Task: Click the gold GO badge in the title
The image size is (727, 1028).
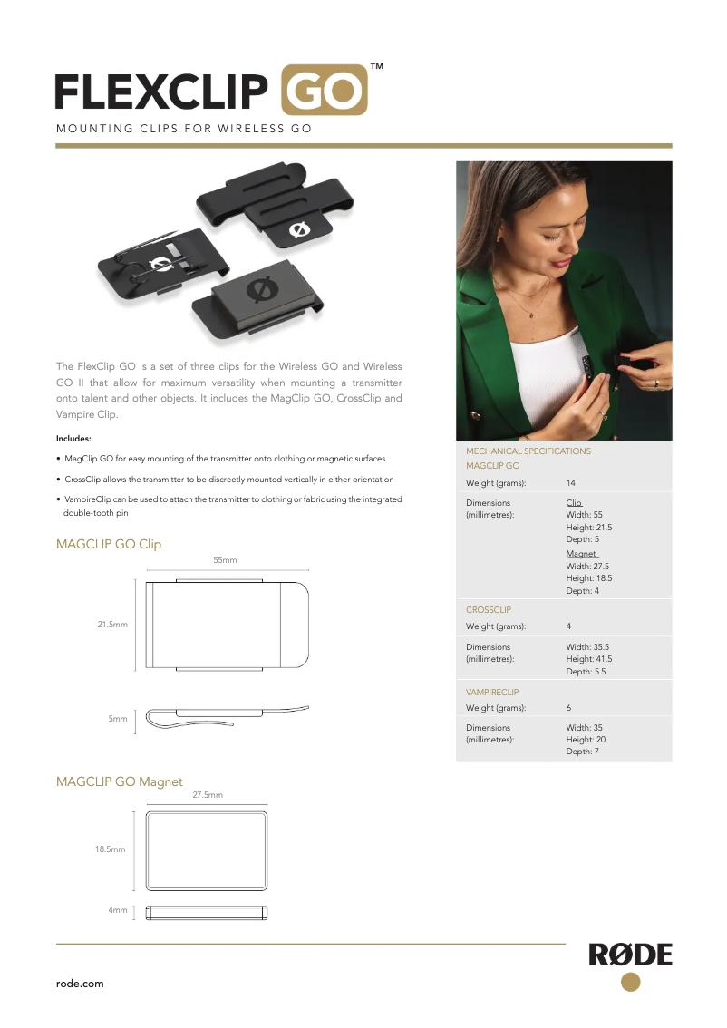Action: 325,90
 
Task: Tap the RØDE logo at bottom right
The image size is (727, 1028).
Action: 631,955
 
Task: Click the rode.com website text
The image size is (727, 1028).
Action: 80,984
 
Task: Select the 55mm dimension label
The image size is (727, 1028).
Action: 225,560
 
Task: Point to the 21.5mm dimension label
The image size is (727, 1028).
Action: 112,625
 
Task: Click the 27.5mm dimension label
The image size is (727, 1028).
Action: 208,794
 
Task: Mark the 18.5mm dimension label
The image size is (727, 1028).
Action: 110,849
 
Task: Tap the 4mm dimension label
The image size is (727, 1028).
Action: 118,909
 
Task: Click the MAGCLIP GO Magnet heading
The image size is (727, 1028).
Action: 120,781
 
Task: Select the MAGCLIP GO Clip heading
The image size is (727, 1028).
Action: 109,544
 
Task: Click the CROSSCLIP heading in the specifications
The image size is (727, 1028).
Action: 488,610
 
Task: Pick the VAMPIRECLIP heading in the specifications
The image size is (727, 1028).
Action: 492,692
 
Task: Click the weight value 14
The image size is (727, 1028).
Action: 571,482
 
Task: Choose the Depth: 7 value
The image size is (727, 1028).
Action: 583,752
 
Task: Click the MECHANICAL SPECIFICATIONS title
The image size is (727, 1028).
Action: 528,451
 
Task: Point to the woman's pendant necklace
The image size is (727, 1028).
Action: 530,314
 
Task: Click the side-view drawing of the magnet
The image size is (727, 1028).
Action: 207,911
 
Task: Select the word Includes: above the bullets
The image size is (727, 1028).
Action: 73,439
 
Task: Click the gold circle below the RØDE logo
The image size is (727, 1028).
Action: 631,982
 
